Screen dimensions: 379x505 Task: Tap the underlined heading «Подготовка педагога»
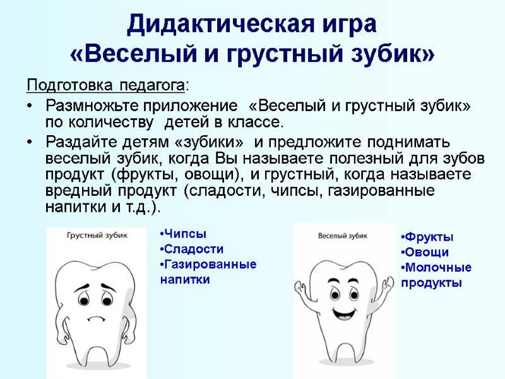106,85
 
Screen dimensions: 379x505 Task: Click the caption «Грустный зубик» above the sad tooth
97,235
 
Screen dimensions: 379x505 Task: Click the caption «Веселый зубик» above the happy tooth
344,236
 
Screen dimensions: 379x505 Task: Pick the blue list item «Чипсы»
184,234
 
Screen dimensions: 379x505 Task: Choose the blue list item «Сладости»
193,249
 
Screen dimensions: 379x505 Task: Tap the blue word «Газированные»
209,263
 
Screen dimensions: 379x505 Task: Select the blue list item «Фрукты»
428,238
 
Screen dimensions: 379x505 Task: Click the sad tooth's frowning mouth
97,318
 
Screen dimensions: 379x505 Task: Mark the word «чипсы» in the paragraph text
291,191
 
